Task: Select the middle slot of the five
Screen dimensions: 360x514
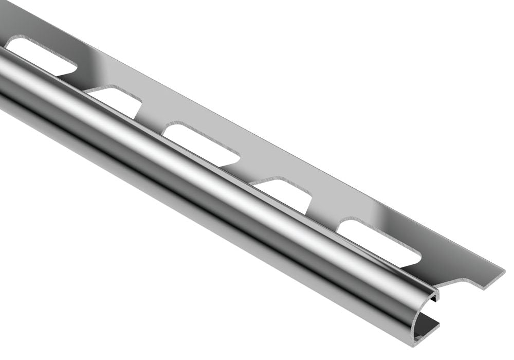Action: [x=203, y=144]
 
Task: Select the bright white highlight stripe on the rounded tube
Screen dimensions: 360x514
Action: [x=206, y=170]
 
